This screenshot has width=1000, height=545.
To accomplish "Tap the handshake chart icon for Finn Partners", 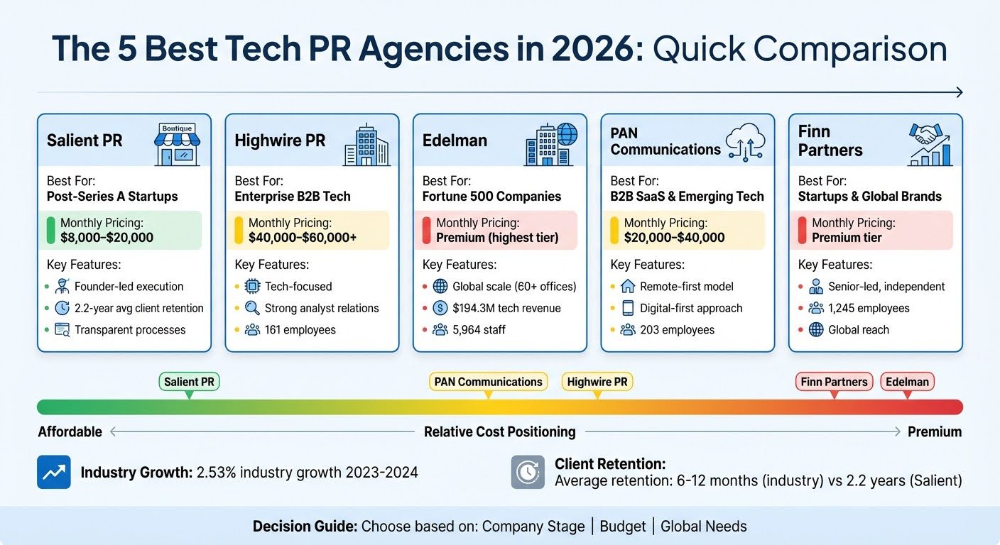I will click(x=930, y=145).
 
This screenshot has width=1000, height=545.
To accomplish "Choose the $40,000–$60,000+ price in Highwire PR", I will click(x=303, y=238).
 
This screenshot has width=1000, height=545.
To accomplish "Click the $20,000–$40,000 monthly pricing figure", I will click(x=674, y=238).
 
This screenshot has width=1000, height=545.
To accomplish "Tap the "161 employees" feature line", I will click(x=300, y=330).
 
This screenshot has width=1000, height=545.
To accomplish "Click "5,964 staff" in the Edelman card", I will click(x=479, y=330).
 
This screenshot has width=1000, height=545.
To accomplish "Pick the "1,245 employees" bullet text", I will click(x=869, y=309).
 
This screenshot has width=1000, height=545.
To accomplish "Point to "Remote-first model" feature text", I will click(x=687, y=287).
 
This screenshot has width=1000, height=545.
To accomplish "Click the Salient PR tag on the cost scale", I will click(x=189, y=382).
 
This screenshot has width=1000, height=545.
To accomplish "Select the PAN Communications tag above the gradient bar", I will click(x=488, y=382).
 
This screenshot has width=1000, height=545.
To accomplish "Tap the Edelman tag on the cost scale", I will click(x=907, y=382).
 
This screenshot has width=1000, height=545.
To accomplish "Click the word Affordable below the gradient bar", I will click(x=70, y=432).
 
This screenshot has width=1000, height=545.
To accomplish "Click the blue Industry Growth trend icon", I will click(x=54, y=472).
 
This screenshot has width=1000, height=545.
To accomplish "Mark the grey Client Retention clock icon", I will click(x=528, y=472).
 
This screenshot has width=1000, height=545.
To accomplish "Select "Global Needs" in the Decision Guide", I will click(x=703, y=527).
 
